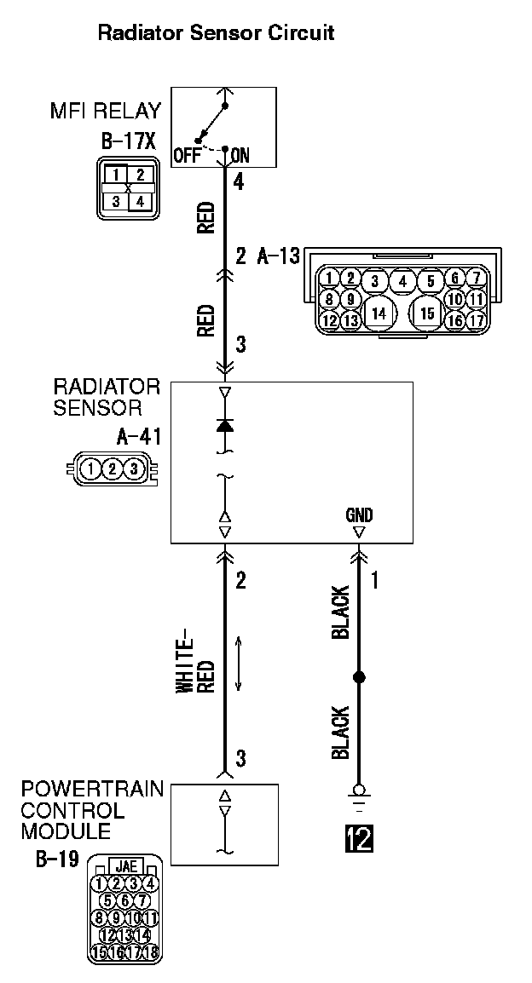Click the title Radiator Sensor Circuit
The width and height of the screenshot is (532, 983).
[216, 33]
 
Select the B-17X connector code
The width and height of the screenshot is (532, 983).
[122, 140]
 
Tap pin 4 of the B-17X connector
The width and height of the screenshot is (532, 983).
[140, 202]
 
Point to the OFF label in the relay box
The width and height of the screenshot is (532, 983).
[187, 156]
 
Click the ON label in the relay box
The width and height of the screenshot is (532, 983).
[240, 156]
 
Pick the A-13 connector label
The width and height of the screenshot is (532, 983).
[279, 256]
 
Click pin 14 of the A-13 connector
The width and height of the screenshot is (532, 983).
[379, 313]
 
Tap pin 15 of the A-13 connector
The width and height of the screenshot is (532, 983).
[427, 313]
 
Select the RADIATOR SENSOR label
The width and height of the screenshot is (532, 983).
[107, 397]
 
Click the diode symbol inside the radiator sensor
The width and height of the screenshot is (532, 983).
[225, 424]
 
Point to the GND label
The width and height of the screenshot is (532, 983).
[359, 515]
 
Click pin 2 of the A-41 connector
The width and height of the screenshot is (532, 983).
[112, 468]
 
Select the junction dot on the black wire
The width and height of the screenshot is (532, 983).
[359, 677]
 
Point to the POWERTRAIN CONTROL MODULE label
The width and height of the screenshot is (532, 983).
[92, 809]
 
